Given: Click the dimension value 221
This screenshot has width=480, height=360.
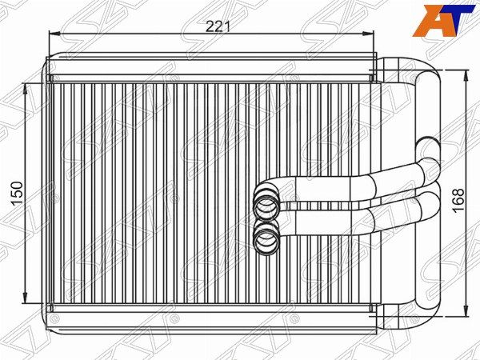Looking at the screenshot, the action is pos(218,26).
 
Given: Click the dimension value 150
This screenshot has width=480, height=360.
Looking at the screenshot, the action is pos(17,194).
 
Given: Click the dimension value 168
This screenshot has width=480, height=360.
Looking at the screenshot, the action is pos(458,201).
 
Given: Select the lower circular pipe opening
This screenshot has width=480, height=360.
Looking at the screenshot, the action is pos(266,240).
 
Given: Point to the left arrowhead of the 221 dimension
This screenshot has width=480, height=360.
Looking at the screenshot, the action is pos(54,34).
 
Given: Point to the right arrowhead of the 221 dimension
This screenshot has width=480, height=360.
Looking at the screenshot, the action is pos(369,34).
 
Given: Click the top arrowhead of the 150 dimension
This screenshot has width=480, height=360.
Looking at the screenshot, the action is pos(26,89).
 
